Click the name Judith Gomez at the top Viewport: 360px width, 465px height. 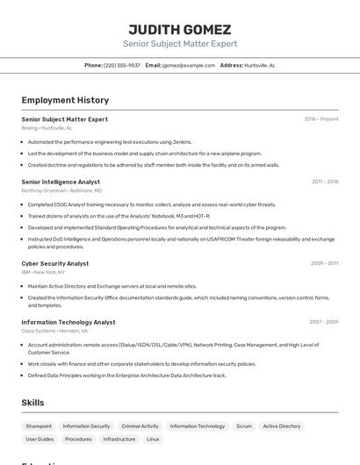click(180, 29)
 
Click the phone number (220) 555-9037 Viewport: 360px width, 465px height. click(122, 65)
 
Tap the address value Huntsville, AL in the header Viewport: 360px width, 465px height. click(260, 65)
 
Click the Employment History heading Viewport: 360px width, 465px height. click(65, 100)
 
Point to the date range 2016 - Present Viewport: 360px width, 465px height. click(320, 119)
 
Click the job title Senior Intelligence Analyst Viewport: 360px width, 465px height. click(61, 182)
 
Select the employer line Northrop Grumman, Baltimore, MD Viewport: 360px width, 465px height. click(61, 190)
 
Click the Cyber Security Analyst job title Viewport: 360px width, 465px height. click(54, 263)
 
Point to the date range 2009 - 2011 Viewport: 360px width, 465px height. click(324, 263)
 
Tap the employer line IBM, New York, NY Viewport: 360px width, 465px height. click(44, 272)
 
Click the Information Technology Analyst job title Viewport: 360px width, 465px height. click(68, 322)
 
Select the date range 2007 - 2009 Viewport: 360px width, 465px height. click(323, 322)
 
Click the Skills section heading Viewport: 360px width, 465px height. click(33, 403)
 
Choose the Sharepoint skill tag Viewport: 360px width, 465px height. click(39, 426)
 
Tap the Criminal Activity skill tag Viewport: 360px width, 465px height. click(140, 426)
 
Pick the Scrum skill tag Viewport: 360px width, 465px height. click(244, 426)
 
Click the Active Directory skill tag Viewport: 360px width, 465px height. click(282, 426)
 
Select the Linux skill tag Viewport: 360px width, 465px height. click(153, 439)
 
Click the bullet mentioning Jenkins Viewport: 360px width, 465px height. click(110, 141)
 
